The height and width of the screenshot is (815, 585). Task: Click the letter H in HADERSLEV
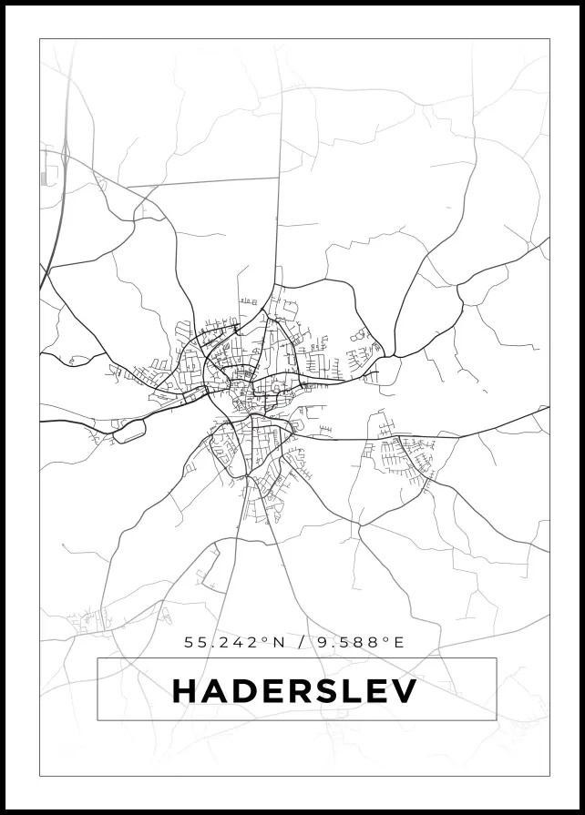click(x=185, y=691)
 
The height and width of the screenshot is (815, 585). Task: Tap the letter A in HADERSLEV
click(x=215, y=691)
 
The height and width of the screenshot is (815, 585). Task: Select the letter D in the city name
click(x=246, y=691)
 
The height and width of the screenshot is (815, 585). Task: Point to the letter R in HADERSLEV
click(x=304, y=691)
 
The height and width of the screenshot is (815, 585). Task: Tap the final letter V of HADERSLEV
click(x=404, y=691)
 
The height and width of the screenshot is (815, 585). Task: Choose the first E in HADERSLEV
click(x=276, y=691)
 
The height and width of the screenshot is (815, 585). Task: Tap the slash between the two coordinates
click(x=301, y=642)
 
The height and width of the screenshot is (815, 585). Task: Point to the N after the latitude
click(x=279, y=642)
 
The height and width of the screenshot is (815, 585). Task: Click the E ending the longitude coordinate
click(x=397, y=642)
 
